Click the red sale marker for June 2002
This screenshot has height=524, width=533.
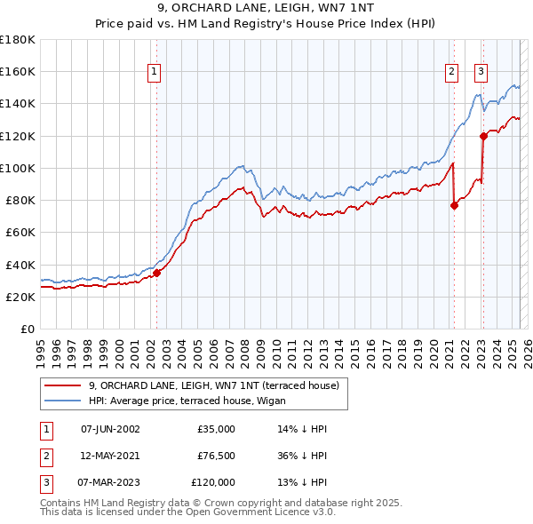(156, 273)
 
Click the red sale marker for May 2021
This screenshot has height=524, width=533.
(454, 205)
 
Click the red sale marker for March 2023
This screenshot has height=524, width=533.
(483, 136)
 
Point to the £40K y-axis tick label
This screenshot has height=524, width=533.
(20, 265)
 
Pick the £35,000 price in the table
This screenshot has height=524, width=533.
(216, 428)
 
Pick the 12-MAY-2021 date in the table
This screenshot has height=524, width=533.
(110, 456)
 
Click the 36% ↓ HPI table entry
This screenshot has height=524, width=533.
(302, 456)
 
